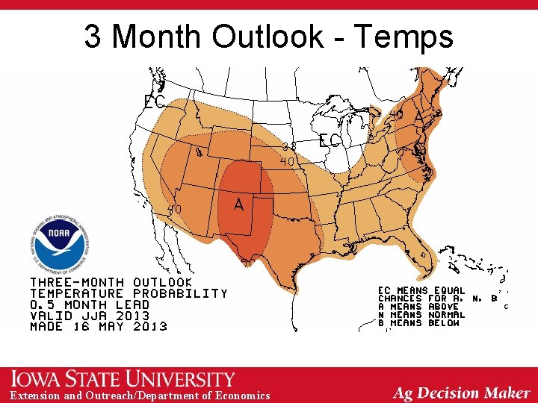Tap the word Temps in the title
[404, 36]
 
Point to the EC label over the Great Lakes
[330, 140]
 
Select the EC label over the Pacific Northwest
[154, 102]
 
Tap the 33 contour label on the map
[289, 147]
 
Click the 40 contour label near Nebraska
[287, 160]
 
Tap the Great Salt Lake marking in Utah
[199, 152]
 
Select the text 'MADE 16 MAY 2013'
[99, 326]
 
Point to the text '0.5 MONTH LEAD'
[99, 304]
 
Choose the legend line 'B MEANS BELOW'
[418, 323]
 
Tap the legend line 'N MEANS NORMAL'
[421, 315]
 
